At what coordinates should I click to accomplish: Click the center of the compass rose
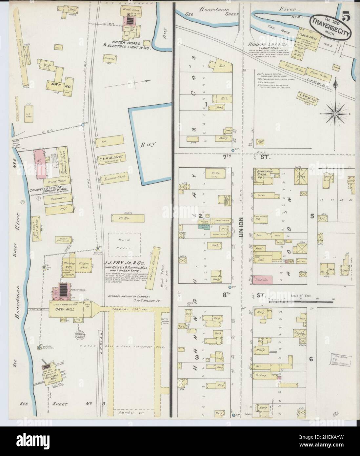335,114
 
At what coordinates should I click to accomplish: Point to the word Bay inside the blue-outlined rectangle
146,144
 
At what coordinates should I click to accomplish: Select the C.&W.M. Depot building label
111,159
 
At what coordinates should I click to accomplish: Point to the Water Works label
126,43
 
